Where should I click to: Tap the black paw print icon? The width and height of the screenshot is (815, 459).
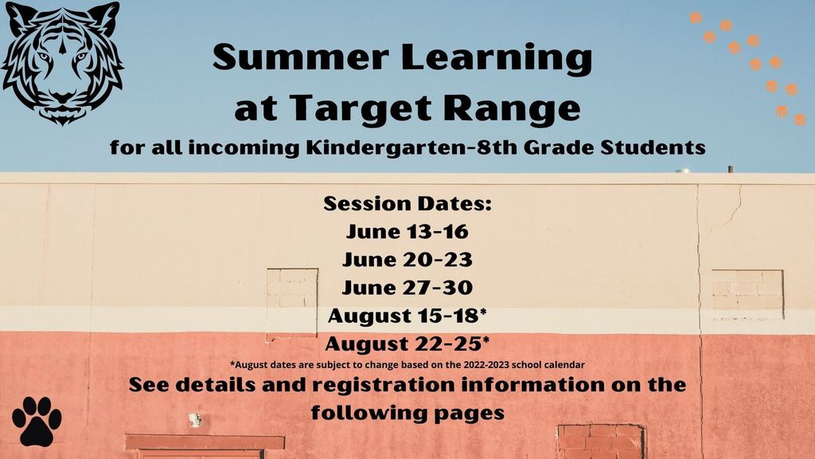pyautogui.click(x=37, y=421)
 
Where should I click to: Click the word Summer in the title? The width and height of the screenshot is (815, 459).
pyautogui.click(x=301, y=57)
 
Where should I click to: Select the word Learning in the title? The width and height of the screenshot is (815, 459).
pyautogui.click(x=497, y=59)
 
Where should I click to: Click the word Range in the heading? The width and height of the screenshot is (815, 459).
pyautogui.click(x=512, y=109)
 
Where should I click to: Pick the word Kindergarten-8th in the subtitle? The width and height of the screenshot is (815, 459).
pyautogui.click(x=411, y=147)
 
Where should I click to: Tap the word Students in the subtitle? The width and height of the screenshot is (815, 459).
pyautogui.click(x=653, y=147)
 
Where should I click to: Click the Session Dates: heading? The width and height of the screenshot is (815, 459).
pyautogui.click(x=407, y=203)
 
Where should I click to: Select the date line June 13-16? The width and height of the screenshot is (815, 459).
pyautogui.click(x=407, y=232)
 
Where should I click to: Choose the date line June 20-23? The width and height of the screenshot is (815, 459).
pyautogui.click(x=407, y=260)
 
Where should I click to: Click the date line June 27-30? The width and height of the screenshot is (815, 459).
pyautogui.click(x=407, y=288)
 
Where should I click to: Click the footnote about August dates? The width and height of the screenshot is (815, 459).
pyautogui.click(x=407, y=365)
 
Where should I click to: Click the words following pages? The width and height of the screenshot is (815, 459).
pyautogui.click(x=407, y=413)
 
